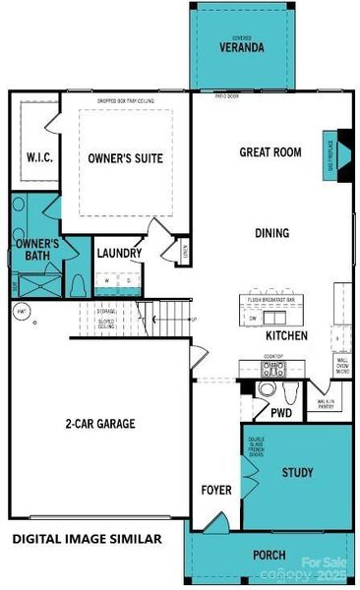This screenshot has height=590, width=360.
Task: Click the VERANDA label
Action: point(240,46)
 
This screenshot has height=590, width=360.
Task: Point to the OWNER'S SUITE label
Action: point(125,158)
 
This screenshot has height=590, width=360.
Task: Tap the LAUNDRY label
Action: point(119,254)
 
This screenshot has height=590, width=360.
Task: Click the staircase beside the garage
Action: point(164,320)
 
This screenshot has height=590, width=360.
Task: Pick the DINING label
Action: point(270,233)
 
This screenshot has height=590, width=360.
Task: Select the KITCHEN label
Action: point(286,336)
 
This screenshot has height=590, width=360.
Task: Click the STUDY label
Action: point(297,474)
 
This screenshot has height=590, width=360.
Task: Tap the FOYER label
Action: point(214,489)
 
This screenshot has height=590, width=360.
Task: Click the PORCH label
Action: point(270,556)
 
